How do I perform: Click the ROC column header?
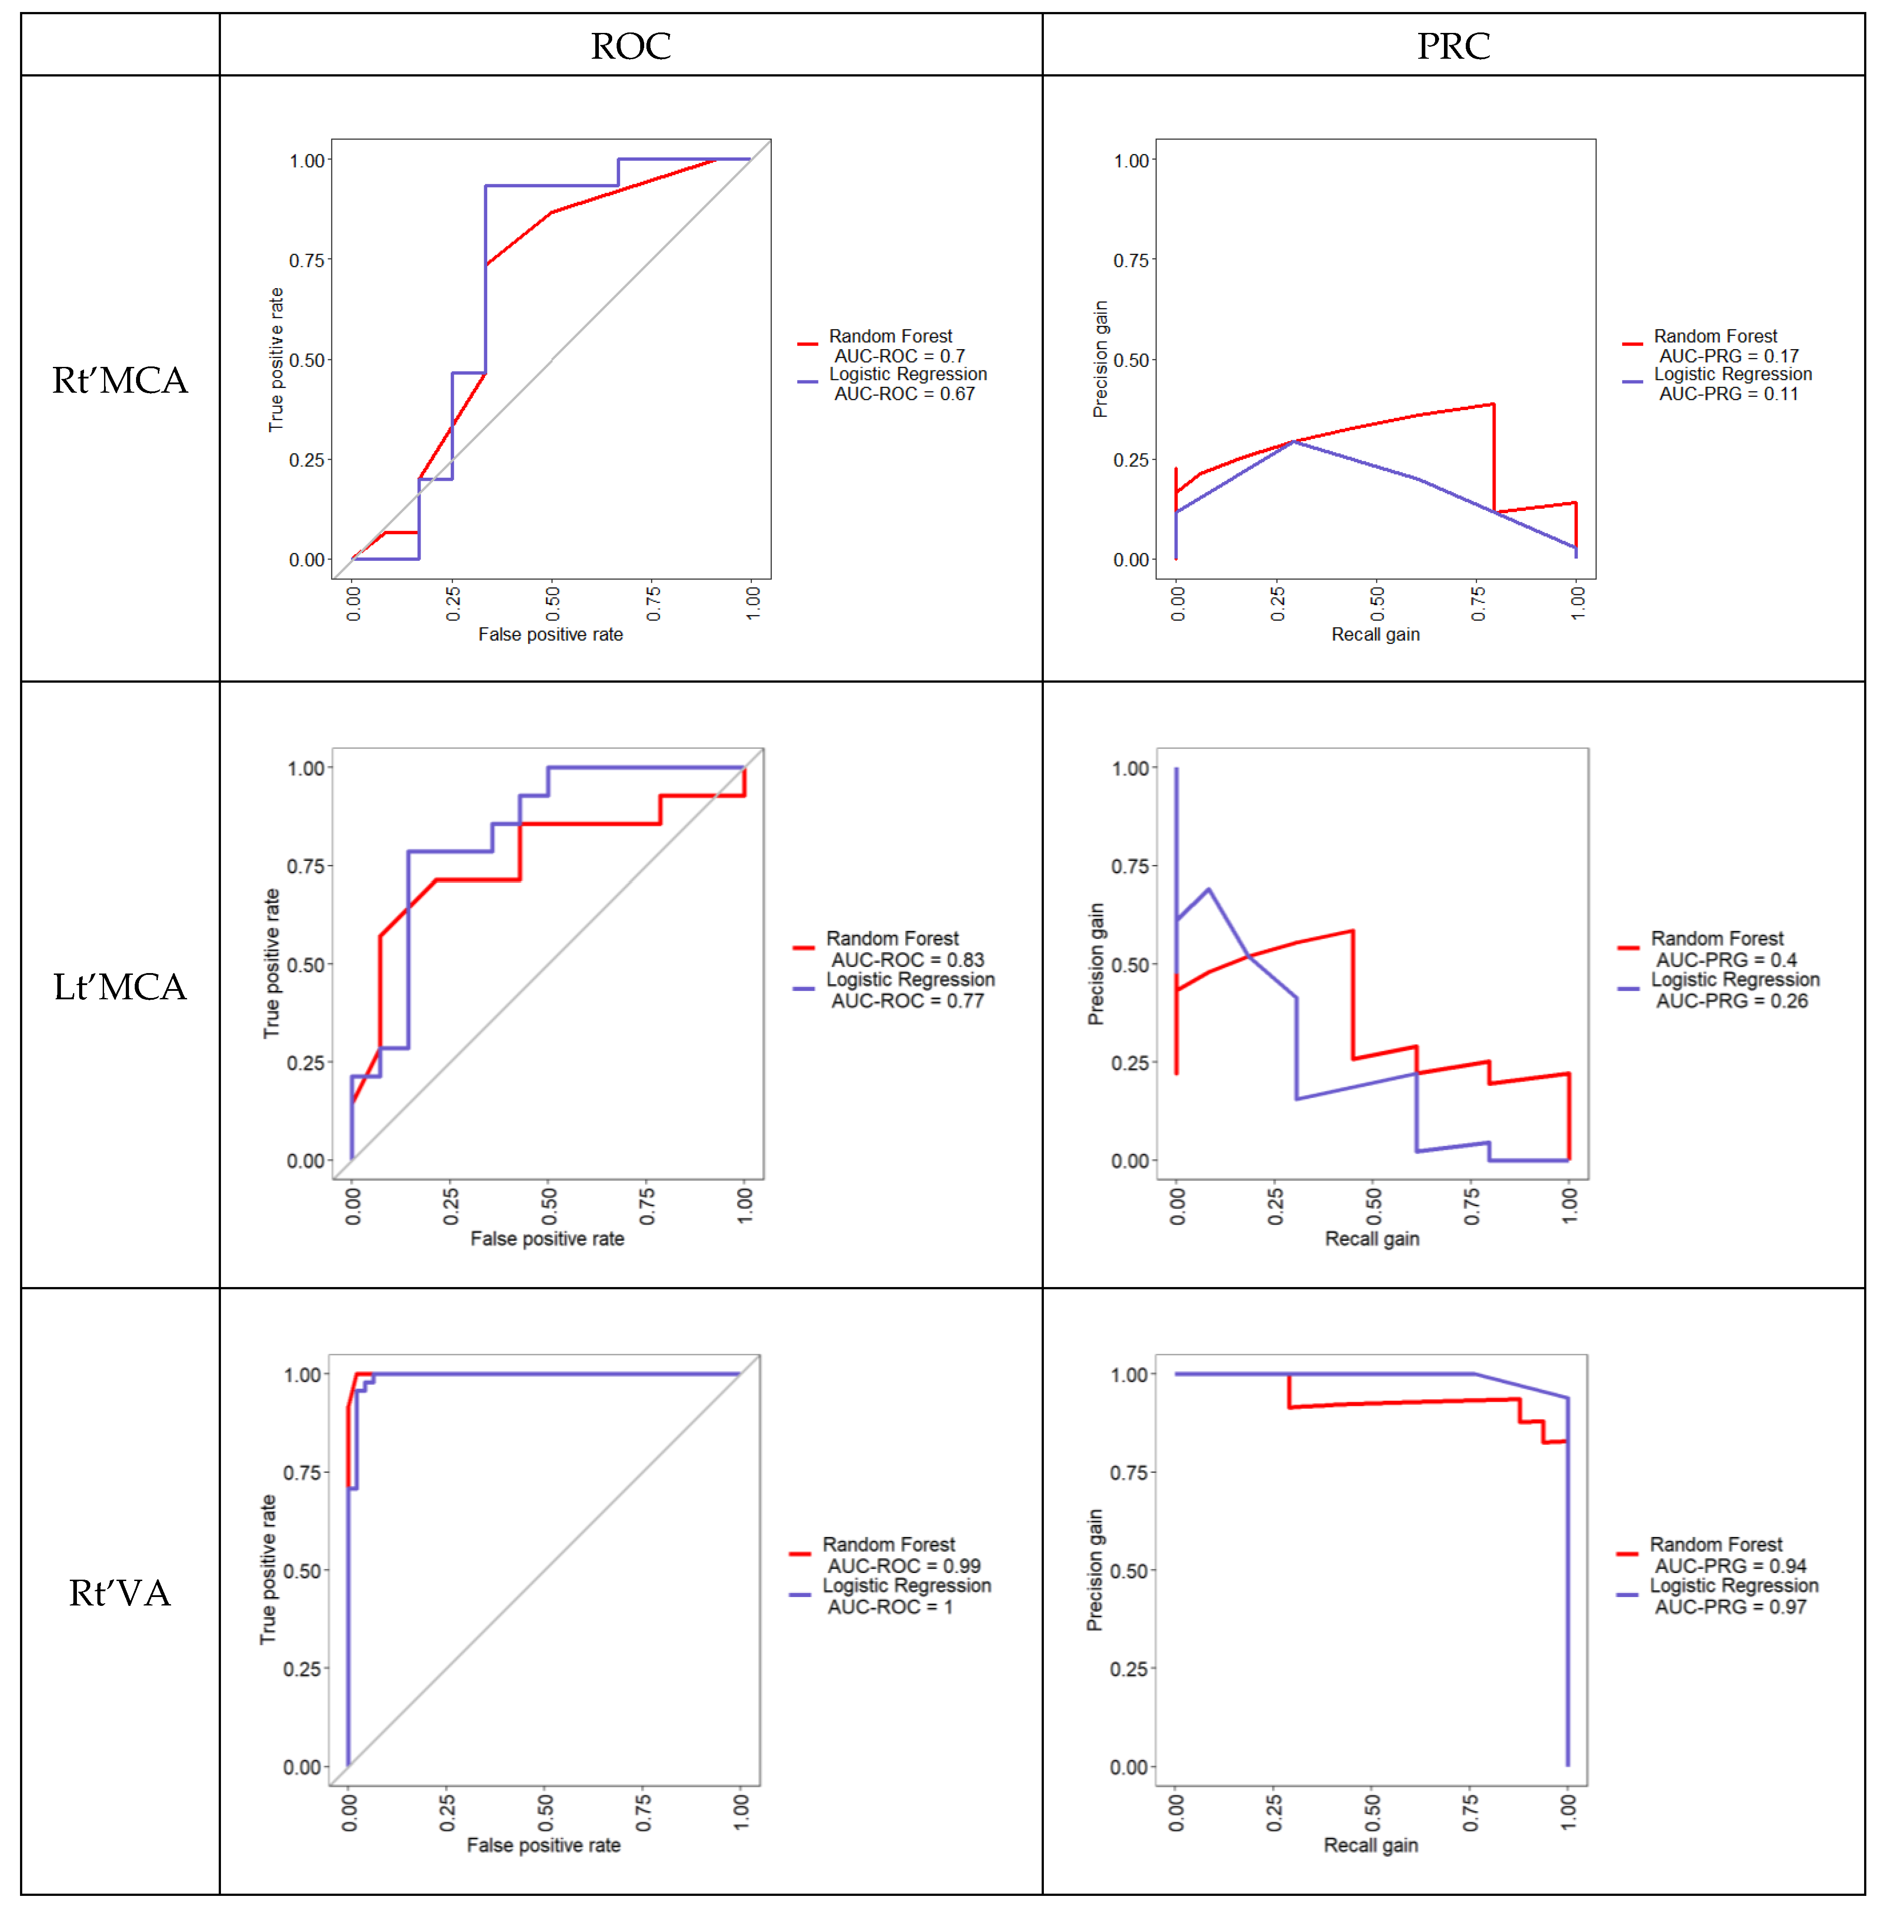coord(630,45)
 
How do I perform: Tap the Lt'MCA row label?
coord(120,986)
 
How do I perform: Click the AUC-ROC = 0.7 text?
coord(899,356)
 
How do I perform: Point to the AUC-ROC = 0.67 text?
coord(904,393)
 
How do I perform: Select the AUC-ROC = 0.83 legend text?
coord(907,959)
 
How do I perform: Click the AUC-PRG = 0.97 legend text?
coord(1730,1607)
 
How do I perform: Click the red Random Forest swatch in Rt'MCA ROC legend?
coord(807,344)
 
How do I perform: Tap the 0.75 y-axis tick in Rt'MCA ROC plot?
coord(306,260)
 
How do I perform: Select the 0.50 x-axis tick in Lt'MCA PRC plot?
coord(1373,1206)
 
